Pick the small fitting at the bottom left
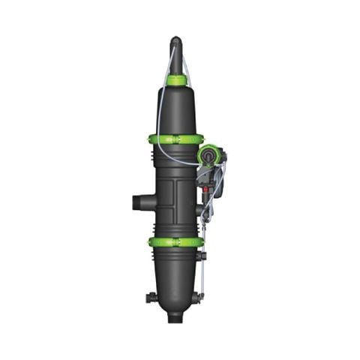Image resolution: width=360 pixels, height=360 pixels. pyautogui.click(x=151, y=298)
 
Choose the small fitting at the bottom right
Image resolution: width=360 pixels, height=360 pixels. pyautogui.click(x=199, y=298)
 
